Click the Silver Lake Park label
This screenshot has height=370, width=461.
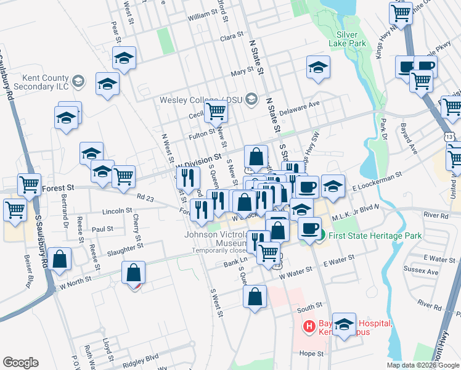pyautogui.click(x=351, y=39)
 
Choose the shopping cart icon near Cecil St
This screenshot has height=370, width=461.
pyautogui.click(x=216, y=111)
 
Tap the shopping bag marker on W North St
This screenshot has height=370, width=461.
pyautogui.click(x=133, y=272)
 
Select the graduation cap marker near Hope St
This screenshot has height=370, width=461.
pyautogui.click(x=345, y=324)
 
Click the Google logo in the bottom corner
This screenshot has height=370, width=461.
pyautogui.click(x=20, y=363)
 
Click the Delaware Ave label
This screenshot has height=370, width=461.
pyautogui.click(x=300, y=109)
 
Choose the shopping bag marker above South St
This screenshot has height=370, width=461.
pyautogui.click(x=255, y=297)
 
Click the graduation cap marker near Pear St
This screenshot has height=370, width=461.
pyautogui.click(x=124, y=58)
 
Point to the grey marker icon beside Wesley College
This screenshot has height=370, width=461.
pyautogui.click(x=251, y=99)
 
